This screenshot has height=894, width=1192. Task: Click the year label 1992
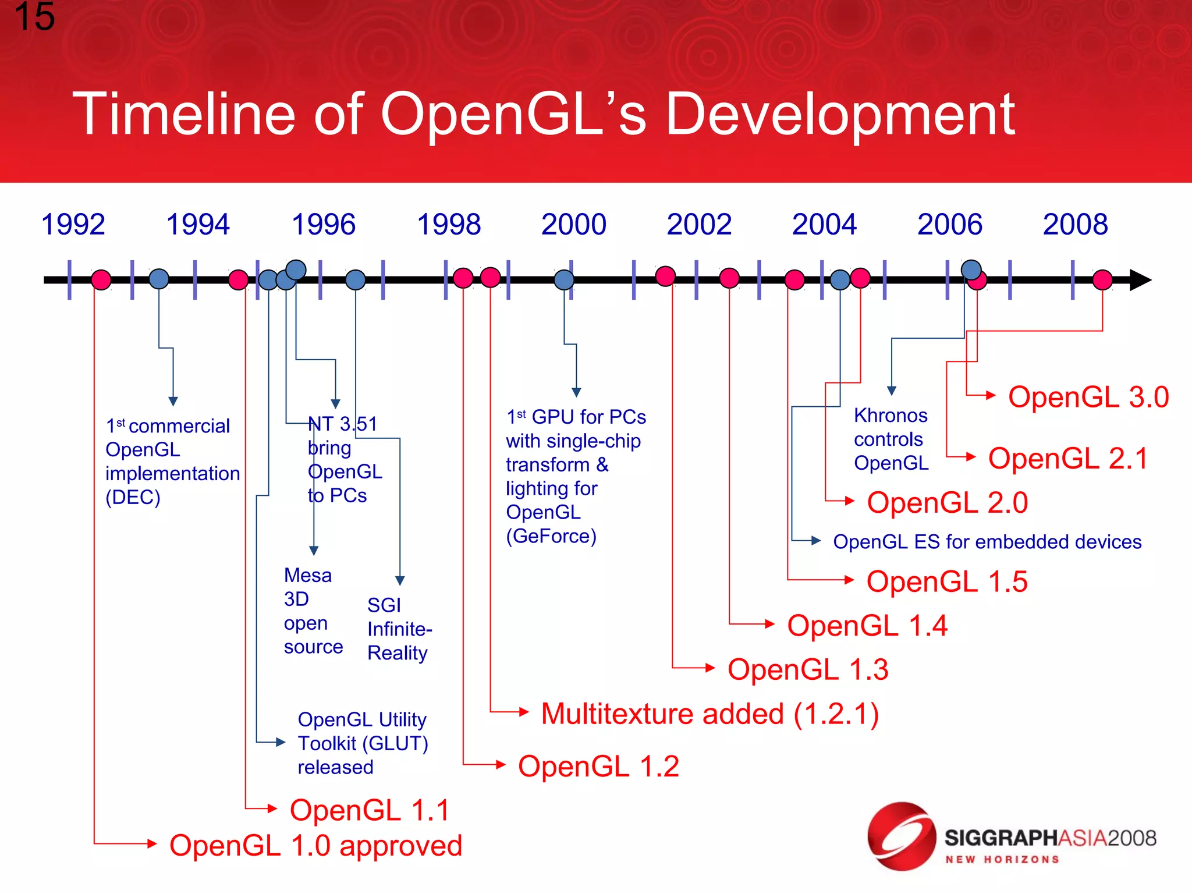coord(73,225)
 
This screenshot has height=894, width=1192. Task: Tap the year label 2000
coord(573,225)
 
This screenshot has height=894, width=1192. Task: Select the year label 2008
coord(1075,225)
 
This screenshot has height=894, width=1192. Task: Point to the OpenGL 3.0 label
coord(1088,397)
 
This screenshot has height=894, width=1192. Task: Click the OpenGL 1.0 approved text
coord(315,845)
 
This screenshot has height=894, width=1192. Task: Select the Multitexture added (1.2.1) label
coord(709,714)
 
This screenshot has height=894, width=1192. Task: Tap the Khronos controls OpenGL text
coord(891,439)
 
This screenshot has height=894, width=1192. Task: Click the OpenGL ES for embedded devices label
coord(987,542)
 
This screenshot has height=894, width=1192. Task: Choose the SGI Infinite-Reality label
coord(399,629)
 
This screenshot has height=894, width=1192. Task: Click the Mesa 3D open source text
coord(312,611)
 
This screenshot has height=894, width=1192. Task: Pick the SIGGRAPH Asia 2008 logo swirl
coord(902,836)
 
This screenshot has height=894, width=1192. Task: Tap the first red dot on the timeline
coord(101,280)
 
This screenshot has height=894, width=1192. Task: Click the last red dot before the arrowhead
coord(1102,280)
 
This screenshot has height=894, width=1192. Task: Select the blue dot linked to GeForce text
coord(564,280)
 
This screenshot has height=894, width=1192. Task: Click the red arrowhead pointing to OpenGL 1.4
coord(769,624)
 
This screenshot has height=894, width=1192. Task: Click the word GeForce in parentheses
coord(551,536)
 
